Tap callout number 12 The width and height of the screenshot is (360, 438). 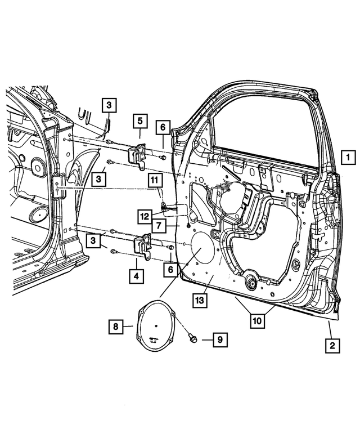tap(146, 214)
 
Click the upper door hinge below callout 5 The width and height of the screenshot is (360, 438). tap(137, 157)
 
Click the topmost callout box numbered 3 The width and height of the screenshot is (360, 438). tap(109, 105)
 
